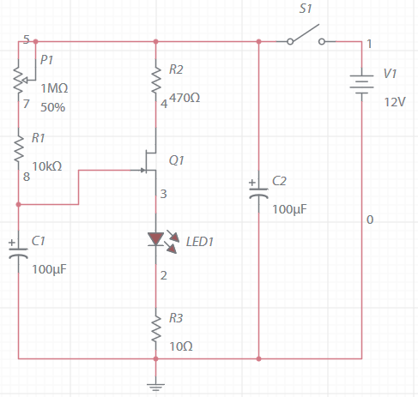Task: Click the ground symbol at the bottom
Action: (155, 387)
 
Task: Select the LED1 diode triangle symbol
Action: (156, 239)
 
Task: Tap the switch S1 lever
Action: (306, 33)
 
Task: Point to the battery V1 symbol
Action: (361, 84)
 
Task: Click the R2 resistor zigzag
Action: (156, 80)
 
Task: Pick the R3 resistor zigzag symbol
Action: (156, 328)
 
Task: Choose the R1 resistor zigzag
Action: (19, 148)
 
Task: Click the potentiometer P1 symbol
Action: (23, 77)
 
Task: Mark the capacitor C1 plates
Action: (18, 252)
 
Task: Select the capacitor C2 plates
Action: (258, 192)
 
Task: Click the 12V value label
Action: (395, 102)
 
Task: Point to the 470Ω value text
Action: (185, 98)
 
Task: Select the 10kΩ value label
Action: (47, 166)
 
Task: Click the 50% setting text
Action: (53, 107)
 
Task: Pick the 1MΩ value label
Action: (54, 88)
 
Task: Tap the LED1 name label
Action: (200, 242)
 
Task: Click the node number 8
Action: (27, 177)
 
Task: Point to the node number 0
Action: (370, 220)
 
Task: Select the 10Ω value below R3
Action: (181, 346)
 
